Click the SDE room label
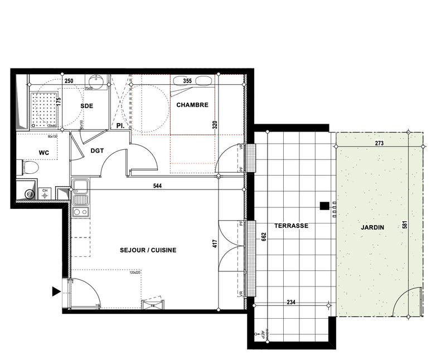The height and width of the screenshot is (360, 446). tap(86, 106)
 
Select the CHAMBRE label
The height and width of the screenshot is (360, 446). tap(192, 105)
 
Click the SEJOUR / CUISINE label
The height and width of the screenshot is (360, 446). tap(148, 250)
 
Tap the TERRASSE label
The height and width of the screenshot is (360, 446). tap(291, 226)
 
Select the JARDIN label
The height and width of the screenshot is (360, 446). tap(372, 227)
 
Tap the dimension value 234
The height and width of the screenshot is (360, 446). tap(290, 303)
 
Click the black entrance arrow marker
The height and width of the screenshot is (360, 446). tap(55, 291)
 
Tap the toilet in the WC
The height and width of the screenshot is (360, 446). tap(31, 167)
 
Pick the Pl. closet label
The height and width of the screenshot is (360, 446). tap(120, 126)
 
